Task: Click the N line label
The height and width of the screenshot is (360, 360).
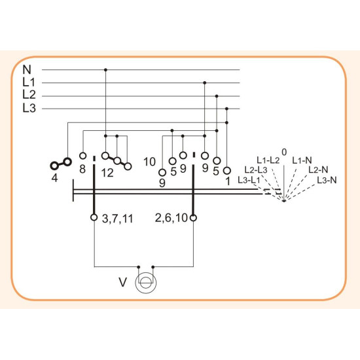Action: coord(27,69)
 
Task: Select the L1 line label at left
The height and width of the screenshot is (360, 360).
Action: coord(29,82)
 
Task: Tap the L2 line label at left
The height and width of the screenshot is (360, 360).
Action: coord(29,95)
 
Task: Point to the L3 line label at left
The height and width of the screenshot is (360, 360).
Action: coord(29,108)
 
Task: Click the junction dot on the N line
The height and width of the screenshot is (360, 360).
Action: coord(105,69)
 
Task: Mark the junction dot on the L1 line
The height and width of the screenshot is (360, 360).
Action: coord(205,82)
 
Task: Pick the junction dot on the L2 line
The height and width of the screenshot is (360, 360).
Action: coord(217,96)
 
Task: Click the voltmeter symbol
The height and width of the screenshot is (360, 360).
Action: coord(146,283)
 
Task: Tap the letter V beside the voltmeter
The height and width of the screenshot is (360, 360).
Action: coord(123,282)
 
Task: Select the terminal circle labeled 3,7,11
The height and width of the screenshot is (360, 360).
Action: coord(94,217)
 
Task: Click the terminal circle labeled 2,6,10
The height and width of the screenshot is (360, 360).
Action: coord(194,217)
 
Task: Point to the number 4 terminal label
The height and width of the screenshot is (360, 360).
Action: coord(54,177)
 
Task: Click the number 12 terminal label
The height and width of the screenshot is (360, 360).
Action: coord(107,173)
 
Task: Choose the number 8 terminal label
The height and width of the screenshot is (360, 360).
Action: coord(82,170)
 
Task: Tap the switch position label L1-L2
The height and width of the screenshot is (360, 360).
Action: coord(268,160)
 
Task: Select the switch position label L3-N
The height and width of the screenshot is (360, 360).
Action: coord(327,180)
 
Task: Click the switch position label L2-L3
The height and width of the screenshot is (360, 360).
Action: coord(256,170)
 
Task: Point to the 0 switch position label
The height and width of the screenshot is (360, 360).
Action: coord(284,152)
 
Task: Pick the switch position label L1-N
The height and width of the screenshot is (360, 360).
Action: coord(302,160)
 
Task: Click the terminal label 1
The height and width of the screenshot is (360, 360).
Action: coord(228,181)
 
